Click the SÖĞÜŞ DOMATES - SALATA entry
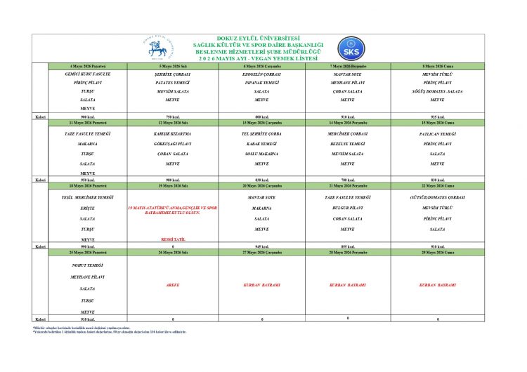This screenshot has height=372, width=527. pos(438,91)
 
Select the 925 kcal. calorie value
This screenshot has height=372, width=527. pos(438,117)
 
